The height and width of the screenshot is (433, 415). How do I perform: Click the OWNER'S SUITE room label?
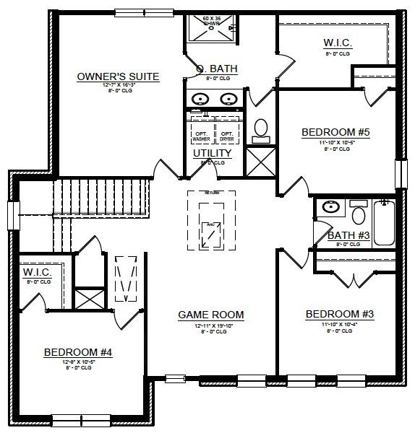[118, 76]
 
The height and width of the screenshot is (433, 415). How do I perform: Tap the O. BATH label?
[217, 69]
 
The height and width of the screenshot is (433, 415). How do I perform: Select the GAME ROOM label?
[211, 315]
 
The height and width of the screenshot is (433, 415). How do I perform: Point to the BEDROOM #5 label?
[336, 132]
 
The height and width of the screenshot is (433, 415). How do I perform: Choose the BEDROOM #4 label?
[78, 352]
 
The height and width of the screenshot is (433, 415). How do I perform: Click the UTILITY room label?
[212, 153]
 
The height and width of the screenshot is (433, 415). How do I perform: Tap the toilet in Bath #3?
[357, 214]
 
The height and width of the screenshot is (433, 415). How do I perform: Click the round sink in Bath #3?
[330, 207]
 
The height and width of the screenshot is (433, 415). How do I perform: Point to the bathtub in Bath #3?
[382, 223]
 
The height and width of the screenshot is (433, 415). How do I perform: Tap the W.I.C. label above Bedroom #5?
[337, 44]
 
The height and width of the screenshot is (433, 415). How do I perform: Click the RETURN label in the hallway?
[211, 193]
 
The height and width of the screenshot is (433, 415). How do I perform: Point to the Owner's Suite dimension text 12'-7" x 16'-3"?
[118, 87]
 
